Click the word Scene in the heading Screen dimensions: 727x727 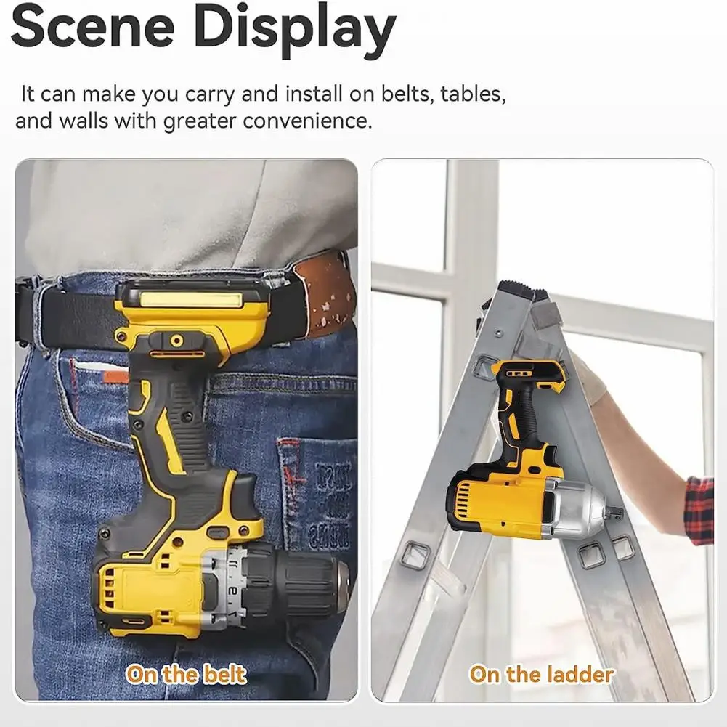93,28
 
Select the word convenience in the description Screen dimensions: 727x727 307,120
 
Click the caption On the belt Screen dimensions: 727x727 187,674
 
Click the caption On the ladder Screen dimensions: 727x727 541,674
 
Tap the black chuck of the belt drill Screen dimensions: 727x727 305,581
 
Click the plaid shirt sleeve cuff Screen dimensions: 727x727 699,508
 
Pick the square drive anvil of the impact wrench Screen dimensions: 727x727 615,512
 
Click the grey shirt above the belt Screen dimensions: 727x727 182,211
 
